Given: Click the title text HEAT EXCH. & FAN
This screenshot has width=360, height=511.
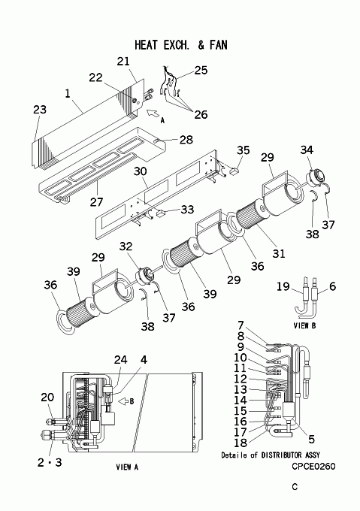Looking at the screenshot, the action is tap(181, 45).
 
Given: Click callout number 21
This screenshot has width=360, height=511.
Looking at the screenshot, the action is tap(123, 62).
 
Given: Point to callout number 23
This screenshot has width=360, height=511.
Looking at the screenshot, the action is tap(40, 110).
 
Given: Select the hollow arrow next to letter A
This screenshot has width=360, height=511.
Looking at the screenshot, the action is tap(152, 113).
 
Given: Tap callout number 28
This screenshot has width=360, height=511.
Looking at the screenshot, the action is tap(186, 140).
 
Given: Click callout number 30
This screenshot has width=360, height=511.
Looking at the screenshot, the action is tap(141, 171).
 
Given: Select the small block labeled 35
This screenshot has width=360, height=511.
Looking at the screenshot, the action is tap(234, 170).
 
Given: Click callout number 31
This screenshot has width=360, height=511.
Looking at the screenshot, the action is tap(279, 253).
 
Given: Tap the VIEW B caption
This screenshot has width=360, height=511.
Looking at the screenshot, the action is tap(304, 325).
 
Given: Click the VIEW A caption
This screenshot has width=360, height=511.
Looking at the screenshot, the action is tap(127, 467).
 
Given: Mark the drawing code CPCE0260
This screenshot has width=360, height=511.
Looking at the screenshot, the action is tap(313, 467).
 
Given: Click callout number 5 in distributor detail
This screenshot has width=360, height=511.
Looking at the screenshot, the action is tap(311, 440).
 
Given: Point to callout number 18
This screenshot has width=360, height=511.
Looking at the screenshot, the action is tap(241, 443).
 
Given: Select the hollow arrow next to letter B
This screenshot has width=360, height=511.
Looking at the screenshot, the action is tap(123, 401).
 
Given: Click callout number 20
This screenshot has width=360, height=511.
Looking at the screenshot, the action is tap(47, 397).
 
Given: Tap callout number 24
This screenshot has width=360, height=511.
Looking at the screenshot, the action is tap(120, 360).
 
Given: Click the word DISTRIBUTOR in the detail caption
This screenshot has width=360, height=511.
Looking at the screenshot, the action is tap(282, 455).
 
